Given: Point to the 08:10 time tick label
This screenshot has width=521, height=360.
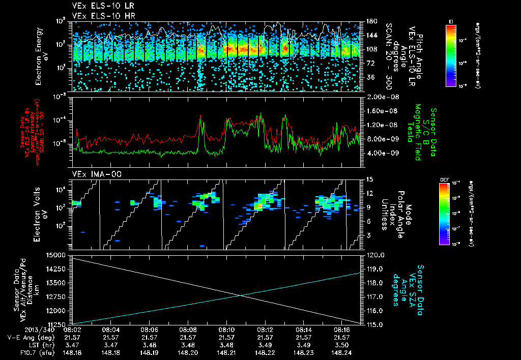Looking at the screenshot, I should coord(226,329).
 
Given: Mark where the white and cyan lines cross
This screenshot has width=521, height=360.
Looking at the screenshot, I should coord(241,295).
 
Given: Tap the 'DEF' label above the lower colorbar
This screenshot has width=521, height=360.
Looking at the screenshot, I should coord(451,179).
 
